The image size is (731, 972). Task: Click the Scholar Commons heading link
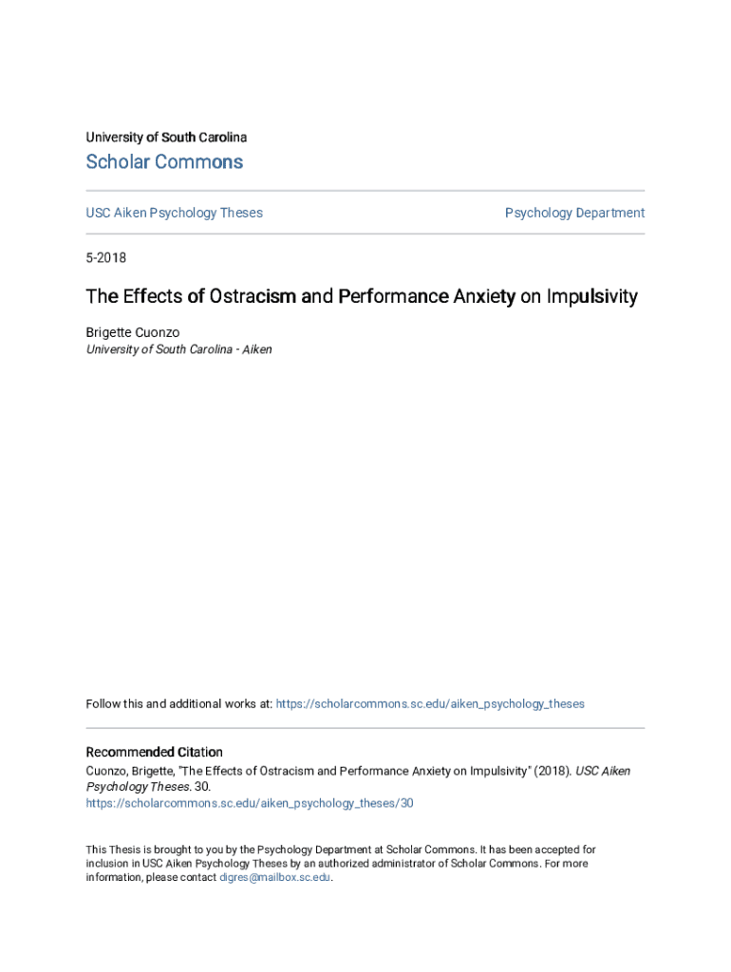tap(164, 162)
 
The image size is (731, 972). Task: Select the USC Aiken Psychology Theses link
tap(174, 213)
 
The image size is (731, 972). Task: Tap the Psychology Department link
tap(574, 213)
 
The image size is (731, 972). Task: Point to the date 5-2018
tap(106, 258)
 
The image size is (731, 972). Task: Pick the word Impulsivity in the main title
tap(591, 297)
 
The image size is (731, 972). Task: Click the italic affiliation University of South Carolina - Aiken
tap(178, 349)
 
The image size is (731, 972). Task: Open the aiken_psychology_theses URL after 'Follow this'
tap(429, 704)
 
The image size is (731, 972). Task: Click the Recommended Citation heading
tap(154, 752)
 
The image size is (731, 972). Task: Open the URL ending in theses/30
tap(250, 803)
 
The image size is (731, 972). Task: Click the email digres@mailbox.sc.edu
tap(275, 878)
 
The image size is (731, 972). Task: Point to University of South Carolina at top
tap(166, 138)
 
